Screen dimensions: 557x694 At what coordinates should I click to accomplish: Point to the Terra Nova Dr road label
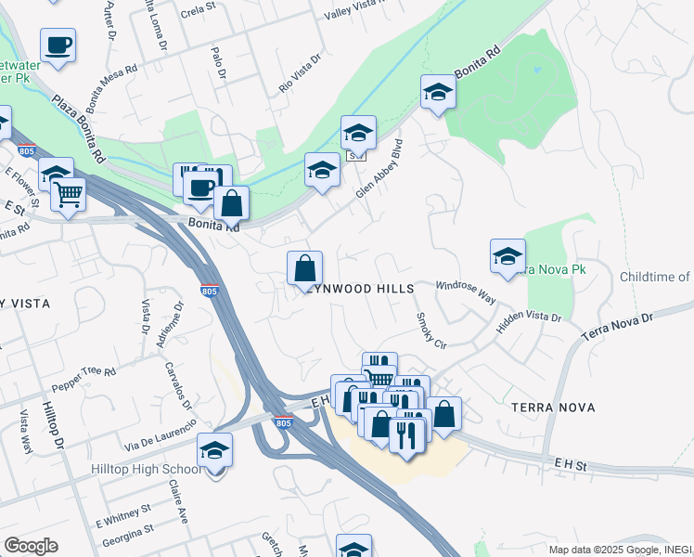(x=618, y=326)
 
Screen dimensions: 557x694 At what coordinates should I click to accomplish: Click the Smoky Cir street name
(x=431, y=329)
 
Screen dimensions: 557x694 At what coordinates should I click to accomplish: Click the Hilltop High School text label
(x=147, y=470)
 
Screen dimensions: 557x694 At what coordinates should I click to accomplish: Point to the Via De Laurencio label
(x=162, y=434)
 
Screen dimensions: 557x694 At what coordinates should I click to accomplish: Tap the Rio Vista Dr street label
(x=300, y=74)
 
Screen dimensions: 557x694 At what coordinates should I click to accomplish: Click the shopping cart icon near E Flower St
(x=69, y=196)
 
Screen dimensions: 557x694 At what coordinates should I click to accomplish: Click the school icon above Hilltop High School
(x=215, y=451)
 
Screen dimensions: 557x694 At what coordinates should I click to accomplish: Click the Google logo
(x=31, y=546)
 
